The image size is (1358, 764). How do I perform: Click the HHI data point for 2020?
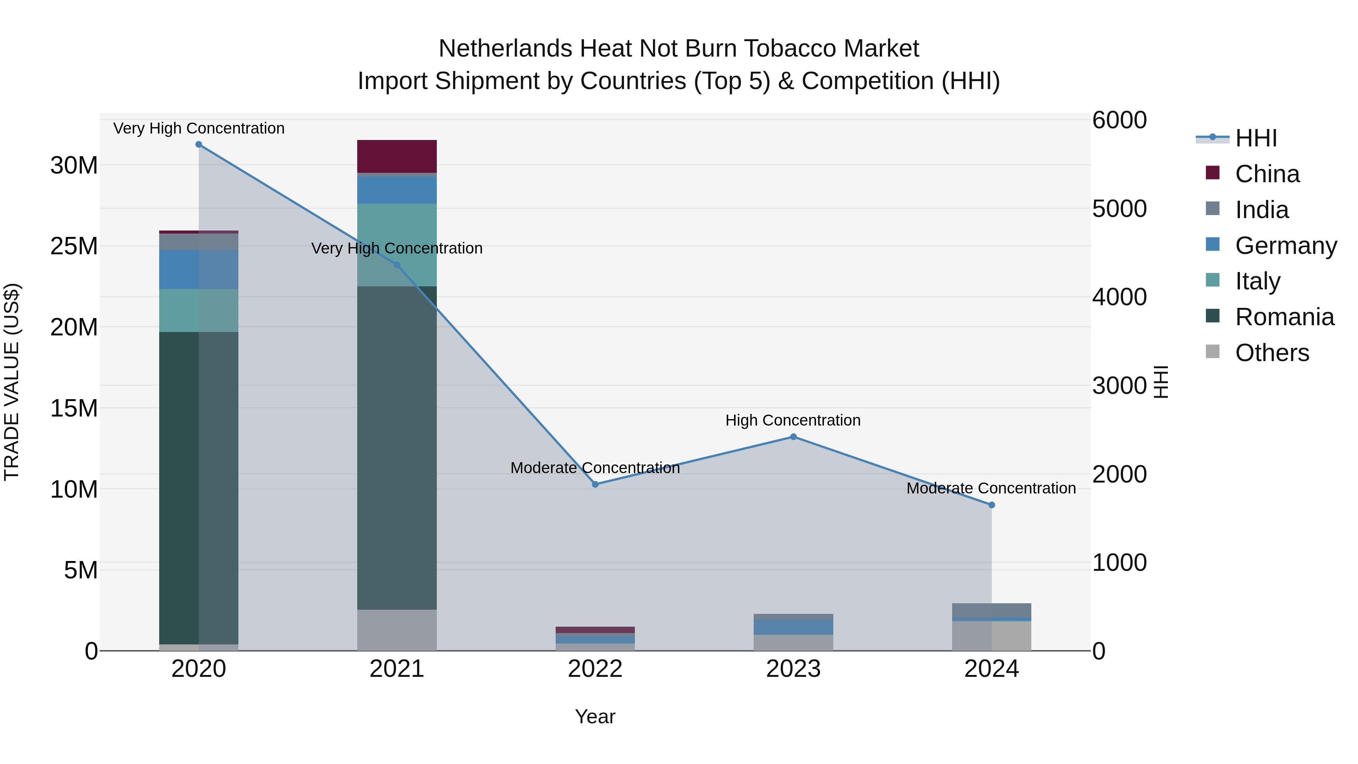point(199,144)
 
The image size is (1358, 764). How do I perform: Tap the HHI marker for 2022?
point(595,484)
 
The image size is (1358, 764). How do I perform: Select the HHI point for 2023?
point(793,437)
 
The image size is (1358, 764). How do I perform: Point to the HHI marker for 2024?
point(992,504)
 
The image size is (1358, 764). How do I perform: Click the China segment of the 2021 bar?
point(397,156)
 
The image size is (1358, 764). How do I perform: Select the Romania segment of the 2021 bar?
point(397,448)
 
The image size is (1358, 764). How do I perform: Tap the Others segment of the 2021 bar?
point(397,630)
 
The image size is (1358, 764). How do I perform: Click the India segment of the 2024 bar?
point(992,610)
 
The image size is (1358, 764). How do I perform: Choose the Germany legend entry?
point(1286,246)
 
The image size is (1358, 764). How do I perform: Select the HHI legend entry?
point(1256,138)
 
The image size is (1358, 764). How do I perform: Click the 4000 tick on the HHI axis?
point(1119,297)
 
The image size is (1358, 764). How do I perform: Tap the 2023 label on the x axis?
point(793,669)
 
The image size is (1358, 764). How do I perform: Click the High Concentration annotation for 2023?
point(793,420)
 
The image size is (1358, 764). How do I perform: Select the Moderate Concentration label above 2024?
point(991,488)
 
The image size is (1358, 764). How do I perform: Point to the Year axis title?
point(595,716)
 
